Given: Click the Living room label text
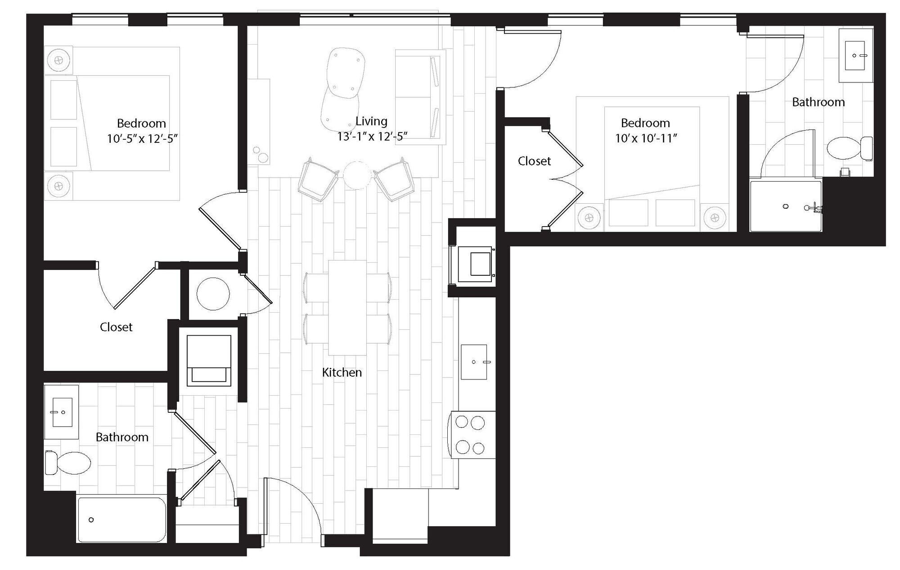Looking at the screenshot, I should click(x=371, y=121).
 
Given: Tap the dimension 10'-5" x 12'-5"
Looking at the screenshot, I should click(x=142, y=138).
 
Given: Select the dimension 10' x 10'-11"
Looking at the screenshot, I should click(x=646, y=138).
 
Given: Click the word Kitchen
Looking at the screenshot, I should click(x=342, y=372).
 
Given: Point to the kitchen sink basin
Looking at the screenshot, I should click(x=474, y=362).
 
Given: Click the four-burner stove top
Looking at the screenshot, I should click(x=470, y=435).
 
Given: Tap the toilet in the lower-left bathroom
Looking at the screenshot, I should click(x=70, y=463).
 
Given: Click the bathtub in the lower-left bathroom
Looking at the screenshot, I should click(x=121, y=520).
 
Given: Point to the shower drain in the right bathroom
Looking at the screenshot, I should click(x=786, y=206).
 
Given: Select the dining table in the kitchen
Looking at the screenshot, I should click(x=347, y=307).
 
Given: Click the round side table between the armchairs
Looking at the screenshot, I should click(x=357, y=175).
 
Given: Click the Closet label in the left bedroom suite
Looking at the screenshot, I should click(x=116, y=327).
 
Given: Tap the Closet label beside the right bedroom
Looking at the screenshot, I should click(x=534, y=161).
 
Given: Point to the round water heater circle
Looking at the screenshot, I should click(x=213, y=294).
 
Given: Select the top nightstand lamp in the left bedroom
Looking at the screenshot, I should click(x=58, y=59).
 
